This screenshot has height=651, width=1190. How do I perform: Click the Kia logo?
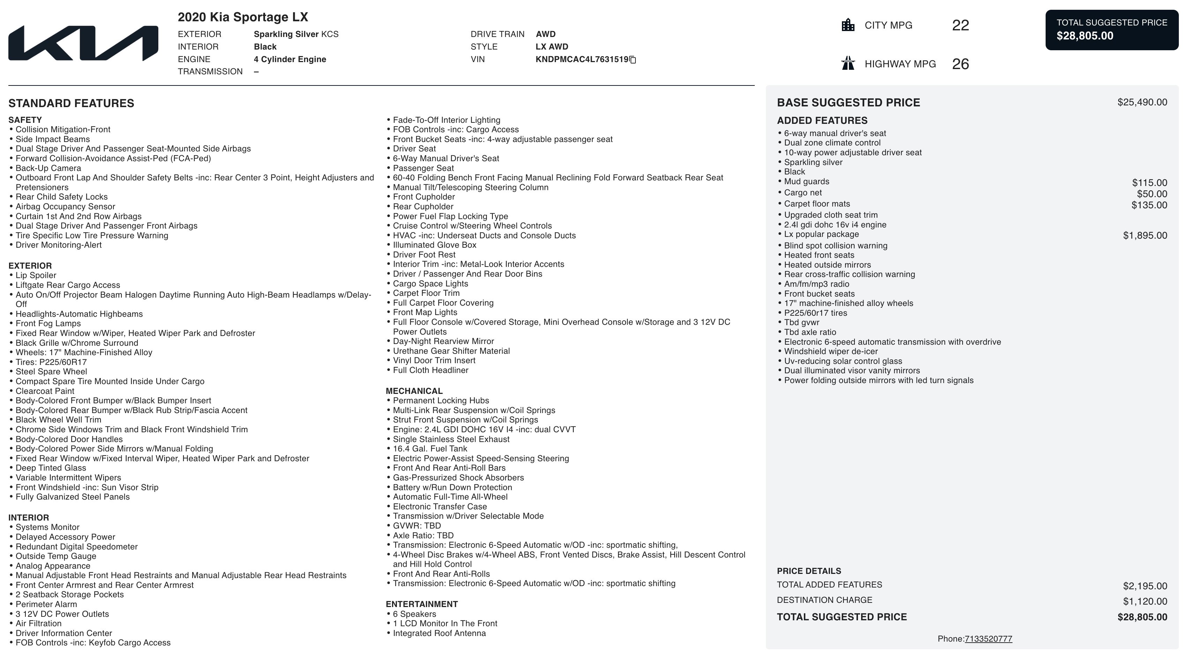[83, 43]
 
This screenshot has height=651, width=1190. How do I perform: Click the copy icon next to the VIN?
[633, 60]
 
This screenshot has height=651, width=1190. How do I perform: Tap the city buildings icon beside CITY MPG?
[848, 25]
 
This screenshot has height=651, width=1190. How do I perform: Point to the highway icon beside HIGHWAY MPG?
[848, 63]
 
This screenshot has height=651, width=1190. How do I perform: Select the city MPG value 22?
[961, 25]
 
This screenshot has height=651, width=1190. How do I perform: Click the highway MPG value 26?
[961, 64]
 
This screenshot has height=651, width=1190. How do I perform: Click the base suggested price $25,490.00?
[1142, 102]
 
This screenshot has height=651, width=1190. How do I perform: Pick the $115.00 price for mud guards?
[1149, 183]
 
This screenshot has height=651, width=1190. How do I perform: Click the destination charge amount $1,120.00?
[1145, 601]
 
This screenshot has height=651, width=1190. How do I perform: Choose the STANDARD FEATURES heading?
[71, 103]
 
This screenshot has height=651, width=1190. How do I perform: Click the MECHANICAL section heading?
[414, 391]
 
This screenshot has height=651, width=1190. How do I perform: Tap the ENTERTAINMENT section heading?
[421, 604]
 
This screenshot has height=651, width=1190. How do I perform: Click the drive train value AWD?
[545, 34]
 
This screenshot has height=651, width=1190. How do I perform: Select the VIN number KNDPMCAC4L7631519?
[582, 60]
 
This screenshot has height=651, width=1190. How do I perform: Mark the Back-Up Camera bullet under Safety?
[48, 168]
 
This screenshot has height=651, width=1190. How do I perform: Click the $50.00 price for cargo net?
[1152, 194]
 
